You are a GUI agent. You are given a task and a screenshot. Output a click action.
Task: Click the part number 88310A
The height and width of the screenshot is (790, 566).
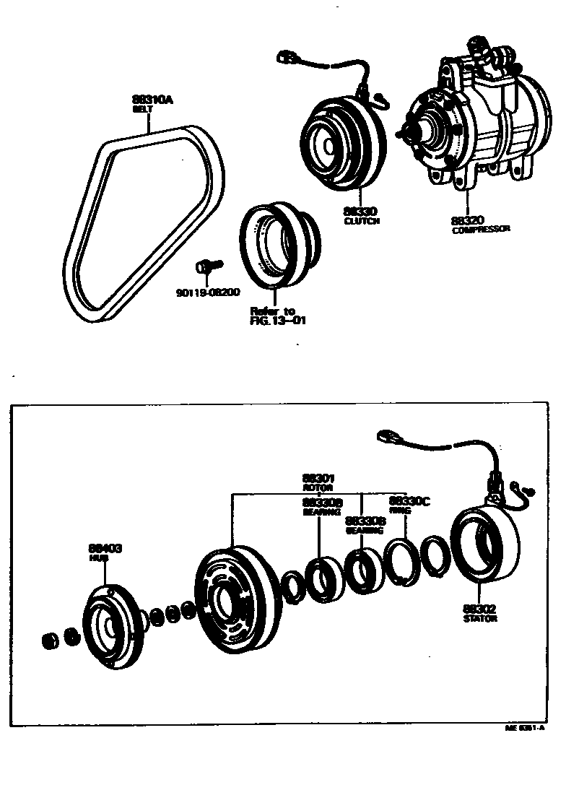tap(152, 100)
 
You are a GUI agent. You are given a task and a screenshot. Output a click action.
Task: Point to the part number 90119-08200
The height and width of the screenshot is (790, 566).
tap(208, 292)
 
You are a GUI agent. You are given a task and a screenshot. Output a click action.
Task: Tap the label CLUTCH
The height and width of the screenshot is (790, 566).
tap(362, 221)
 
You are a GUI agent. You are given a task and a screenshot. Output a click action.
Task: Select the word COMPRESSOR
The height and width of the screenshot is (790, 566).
tap(481, 230)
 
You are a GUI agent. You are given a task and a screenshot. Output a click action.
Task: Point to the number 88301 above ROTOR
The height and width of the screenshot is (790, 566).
tap(318, 478)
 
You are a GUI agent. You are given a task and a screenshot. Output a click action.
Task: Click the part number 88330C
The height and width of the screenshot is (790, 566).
tap(409, 500)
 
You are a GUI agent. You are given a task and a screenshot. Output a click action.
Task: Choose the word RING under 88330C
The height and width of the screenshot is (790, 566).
tap(400, 510)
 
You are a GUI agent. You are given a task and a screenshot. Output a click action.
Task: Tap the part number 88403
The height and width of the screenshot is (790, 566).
tap(105, 549)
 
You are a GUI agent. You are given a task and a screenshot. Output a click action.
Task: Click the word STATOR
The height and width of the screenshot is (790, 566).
tap(480, 619)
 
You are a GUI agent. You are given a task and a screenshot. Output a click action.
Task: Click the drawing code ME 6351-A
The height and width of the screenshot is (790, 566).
tap(525, 729)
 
